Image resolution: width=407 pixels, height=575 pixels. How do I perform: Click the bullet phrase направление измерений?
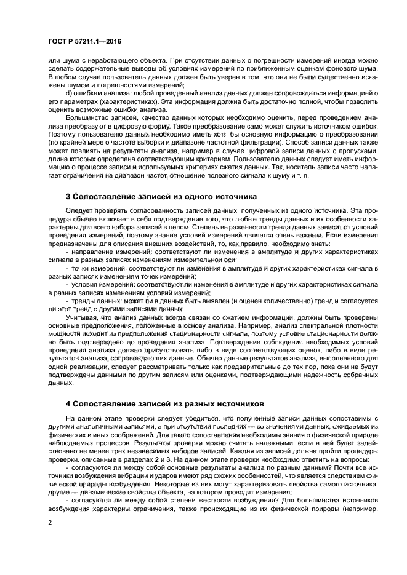105,252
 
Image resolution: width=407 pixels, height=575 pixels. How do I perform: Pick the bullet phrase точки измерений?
95,269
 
